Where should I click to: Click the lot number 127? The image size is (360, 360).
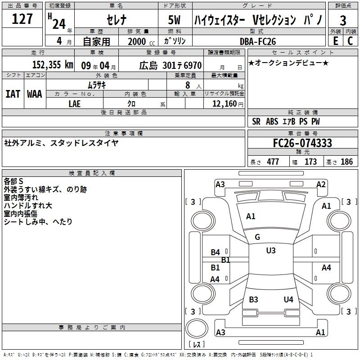point(22,19)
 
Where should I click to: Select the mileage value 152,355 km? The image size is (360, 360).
point(53,65)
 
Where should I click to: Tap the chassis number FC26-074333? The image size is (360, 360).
point(302,143)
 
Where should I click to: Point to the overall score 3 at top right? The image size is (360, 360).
point(343,20)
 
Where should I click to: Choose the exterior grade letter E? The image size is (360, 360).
point(335,41)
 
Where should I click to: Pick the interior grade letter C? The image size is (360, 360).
point(350,41)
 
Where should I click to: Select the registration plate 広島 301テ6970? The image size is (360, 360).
point(170,65)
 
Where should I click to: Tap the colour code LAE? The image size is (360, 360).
point(75,103)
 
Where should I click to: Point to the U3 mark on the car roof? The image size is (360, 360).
point(270,251)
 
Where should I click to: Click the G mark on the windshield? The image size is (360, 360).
point(257,237)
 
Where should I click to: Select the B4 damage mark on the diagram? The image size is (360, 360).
point(216,252)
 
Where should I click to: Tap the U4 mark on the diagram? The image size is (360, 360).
point(288,300)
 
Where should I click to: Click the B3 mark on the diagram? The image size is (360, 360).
point(253,300)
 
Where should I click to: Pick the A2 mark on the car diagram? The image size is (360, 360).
point(321,184)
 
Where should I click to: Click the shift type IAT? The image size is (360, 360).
point(13,94)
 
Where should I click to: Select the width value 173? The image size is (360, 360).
point(310,162)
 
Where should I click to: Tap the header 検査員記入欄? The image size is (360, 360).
point(92,173)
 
